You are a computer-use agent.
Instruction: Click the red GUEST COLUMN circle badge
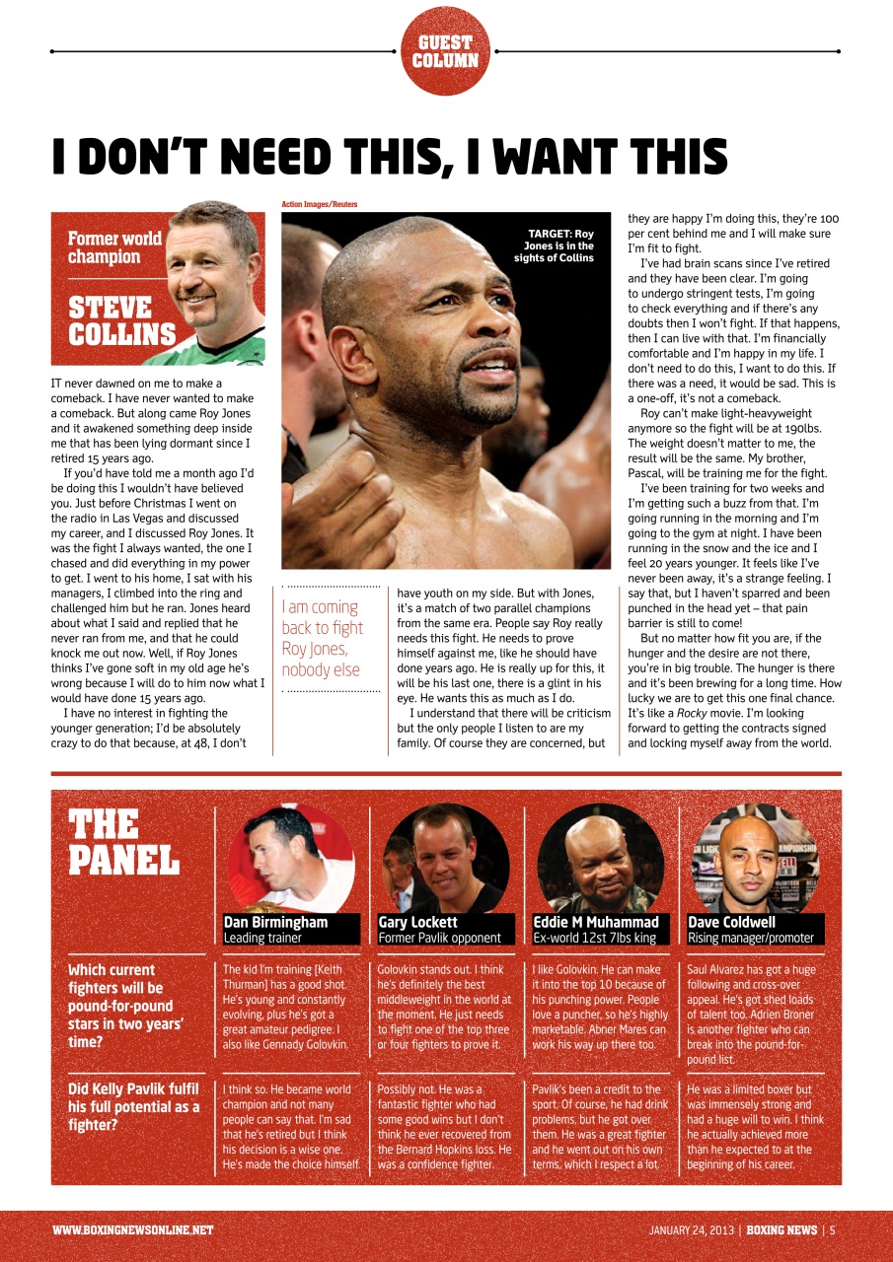[x=446, y=51]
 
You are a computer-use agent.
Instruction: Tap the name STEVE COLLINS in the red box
[x=121, y=320]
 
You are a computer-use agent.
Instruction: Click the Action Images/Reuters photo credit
[x=319, y=204]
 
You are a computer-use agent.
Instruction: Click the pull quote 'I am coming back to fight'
[x=323, y=638]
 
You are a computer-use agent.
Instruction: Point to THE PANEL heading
[x=123, y=843]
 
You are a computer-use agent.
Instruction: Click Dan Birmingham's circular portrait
[x=290, y=858]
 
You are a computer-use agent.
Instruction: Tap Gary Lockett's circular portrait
[x=445, y=858]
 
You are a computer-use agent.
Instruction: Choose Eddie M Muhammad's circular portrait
[x=600, y=858]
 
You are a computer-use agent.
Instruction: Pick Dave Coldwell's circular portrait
[x=755, y=858]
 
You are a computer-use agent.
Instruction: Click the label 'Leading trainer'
[x=262, y=938]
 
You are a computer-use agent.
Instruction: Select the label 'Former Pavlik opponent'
[x=439, y=938]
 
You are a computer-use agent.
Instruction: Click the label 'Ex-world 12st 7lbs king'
[x=594, y=938]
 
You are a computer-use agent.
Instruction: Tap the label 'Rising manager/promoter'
[x=750, y=938]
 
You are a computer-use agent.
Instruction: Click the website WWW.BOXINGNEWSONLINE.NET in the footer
[x=132, y=1230]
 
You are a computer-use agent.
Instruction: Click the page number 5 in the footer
[x=833, y=1230]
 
